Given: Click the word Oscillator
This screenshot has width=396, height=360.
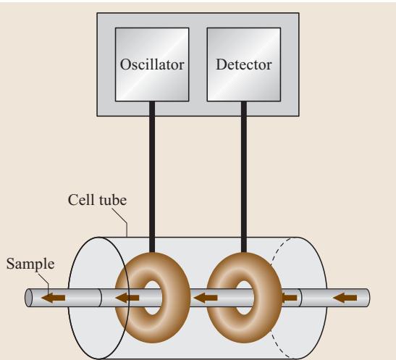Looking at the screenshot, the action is tap(152, 64).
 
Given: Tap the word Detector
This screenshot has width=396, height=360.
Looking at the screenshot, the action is tap(244, 64).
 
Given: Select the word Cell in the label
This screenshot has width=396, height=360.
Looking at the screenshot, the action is tap(81, 200).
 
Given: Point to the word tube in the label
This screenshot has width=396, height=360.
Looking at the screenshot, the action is tap(113, 200).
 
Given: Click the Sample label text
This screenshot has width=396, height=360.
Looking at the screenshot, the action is tap(30, 264).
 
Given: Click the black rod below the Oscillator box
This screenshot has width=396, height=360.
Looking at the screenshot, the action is tap(152, 177).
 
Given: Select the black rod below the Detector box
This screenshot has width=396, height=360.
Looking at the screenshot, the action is tap(244, 177).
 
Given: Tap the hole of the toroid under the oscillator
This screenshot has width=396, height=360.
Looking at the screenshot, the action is tap(153, 298).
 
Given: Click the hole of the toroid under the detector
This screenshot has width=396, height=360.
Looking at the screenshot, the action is tap(244, 298).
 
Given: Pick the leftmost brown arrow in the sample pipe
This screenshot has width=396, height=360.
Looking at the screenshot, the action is tap(54, 298).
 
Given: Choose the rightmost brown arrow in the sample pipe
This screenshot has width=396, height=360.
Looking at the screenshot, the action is tap(345, 298).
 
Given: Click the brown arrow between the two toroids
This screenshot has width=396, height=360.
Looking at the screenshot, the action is tap(206, 298).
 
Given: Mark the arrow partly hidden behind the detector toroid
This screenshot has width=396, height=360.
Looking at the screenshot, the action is tap(289, 298).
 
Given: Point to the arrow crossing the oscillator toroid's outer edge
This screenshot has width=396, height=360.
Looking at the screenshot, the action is tap(127, 298).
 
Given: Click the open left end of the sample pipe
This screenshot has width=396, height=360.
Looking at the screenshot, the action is tap(29, 298).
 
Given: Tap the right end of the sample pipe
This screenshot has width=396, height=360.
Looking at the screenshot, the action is tap(368, 298).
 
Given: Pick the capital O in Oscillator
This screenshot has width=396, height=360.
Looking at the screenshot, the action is tap(125, 64).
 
